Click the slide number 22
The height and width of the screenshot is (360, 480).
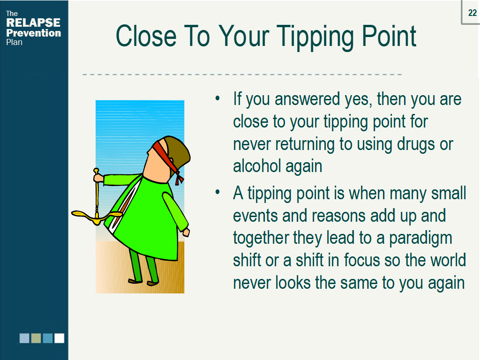tap(472, 13)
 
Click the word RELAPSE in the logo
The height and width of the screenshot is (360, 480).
tap(33, 22)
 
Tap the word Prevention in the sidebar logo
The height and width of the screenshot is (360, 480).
tap(34, 33)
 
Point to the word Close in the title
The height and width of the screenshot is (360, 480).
tap(146, 36)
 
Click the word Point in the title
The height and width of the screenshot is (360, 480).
tap(389, 36)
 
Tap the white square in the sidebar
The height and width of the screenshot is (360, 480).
tap(60, 338)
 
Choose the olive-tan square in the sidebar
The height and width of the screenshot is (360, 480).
tap(36, 338)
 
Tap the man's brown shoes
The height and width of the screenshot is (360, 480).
tap(143, 282)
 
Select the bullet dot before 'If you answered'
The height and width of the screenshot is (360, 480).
tap(217, 98)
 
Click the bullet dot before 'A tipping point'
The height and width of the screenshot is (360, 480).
tap(217, 192)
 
